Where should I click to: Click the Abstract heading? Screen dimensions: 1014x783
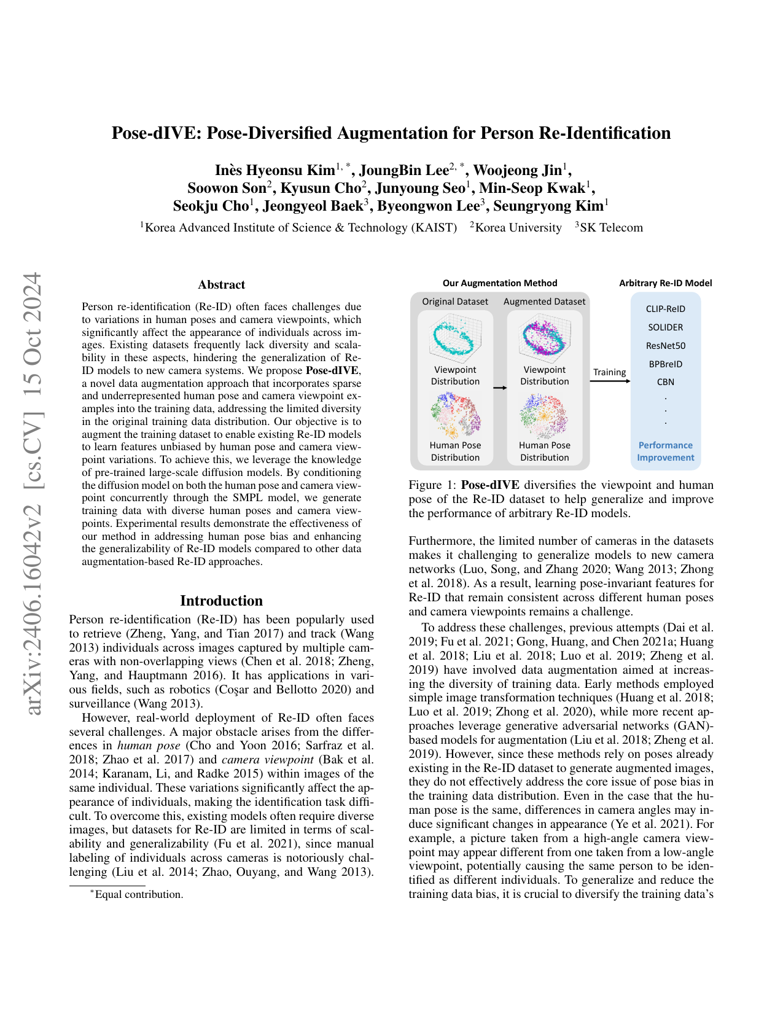(221, 285)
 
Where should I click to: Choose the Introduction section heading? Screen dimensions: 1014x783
(221, 601)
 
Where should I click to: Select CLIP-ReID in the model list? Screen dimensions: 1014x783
(665, 309)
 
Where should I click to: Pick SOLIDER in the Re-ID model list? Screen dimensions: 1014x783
(665, 327)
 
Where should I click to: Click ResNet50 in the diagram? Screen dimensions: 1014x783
(665, 346)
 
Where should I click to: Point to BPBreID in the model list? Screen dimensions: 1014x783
(665, 364)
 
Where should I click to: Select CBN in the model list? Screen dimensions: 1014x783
(665, 382)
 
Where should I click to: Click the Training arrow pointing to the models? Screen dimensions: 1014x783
(610, 381)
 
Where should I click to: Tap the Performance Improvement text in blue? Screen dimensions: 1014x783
(665, 451)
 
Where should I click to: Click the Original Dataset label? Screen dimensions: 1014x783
(455, 302)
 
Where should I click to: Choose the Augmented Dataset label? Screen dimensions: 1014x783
(544, 302)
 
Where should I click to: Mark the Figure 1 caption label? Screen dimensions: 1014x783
(432, 485)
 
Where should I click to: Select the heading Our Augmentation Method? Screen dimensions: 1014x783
(500, 283)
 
